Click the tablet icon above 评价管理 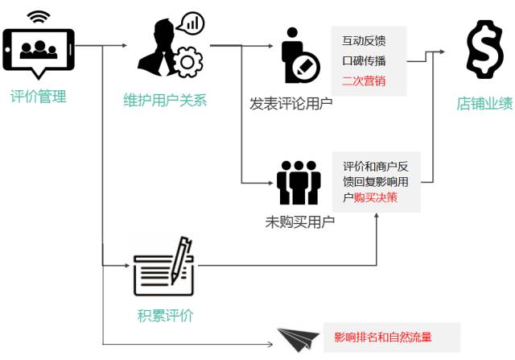(x=38, y=50)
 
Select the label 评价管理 (x=38, y=97)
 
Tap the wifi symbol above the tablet (x=37, y=16)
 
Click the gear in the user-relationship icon (x=188, y=62)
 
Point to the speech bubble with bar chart (x=191, y=23)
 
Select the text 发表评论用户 (x=291, y=102)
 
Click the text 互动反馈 (x=364, y=41)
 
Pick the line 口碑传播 (x=364, y=60)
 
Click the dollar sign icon (x=485, y=51)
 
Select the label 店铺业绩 (x=485, y=103)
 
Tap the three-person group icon (x=299, y=182)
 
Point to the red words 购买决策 (x=375, y=197)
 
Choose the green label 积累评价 (x=166, y=315)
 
